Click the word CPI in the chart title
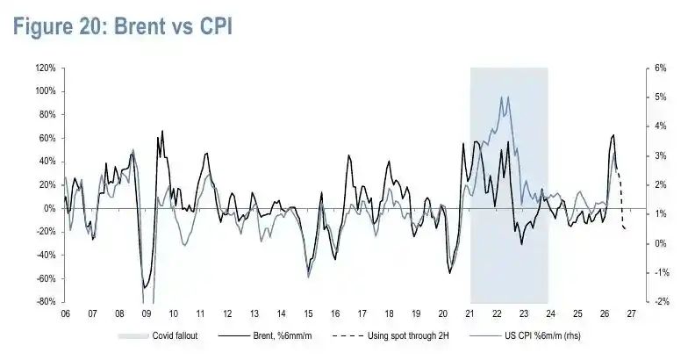tap(216, 26)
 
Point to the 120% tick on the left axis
tap(46, 68)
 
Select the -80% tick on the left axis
tap(46, 302)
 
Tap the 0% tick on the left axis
tap(49, 208)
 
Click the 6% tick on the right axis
tap(660, 68)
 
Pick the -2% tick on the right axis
tap(662, 302)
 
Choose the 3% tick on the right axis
tap(660, 156)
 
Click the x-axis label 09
tap(147, 314)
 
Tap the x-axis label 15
tap(308, 314)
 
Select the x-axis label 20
tap(442, 314)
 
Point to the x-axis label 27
tap(632, 314)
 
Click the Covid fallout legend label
tap(175, 335)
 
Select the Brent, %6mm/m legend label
tap(283, 335)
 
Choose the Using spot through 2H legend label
tap(408, 335)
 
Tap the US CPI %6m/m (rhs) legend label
tap(542, 335)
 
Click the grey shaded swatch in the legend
tap(133, 336)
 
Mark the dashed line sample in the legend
tap(348, 336)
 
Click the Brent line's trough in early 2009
tap(144, 288)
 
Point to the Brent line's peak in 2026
tap(613, 135)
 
